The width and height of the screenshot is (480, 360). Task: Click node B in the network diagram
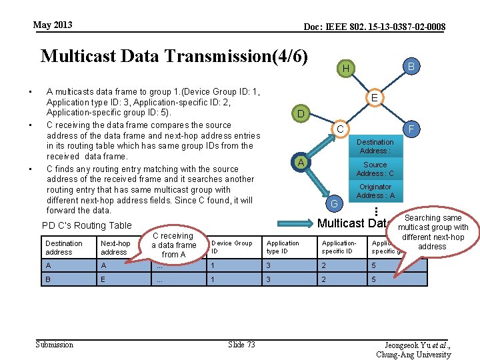coord(411,66)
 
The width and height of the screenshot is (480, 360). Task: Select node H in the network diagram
coord(345,69)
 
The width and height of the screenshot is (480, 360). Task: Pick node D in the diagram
coord(301,114)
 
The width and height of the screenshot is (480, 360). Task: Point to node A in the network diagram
coord(301,162)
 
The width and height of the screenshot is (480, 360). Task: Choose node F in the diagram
coord(412,128)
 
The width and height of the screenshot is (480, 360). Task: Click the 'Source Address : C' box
coord(375,169)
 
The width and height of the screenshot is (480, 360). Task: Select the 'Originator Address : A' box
coord(375,191)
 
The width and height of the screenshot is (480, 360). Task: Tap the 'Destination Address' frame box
coord(375,146)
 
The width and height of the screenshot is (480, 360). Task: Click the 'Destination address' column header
coord(64,247)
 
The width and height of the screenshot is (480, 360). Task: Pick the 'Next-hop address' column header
coord(115,247)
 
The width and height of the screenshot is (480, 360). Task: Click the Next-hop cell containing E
coord(104,280)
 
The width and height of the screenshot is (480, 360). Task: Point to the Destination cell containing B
coord(48,280)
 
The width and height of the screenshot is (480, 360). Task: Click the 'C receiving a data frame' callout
coord(173,245)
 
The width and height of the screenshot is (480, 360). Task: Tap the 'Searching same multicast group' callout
coord(433,232)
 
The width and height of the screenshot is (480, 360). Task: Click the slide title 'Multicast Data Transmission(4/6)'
coord(174,55)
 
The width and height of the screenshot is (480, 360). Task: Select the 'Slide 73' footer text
coord(241,344)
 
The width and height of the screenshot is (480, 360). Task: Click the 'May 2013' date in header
coord(53,25)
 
